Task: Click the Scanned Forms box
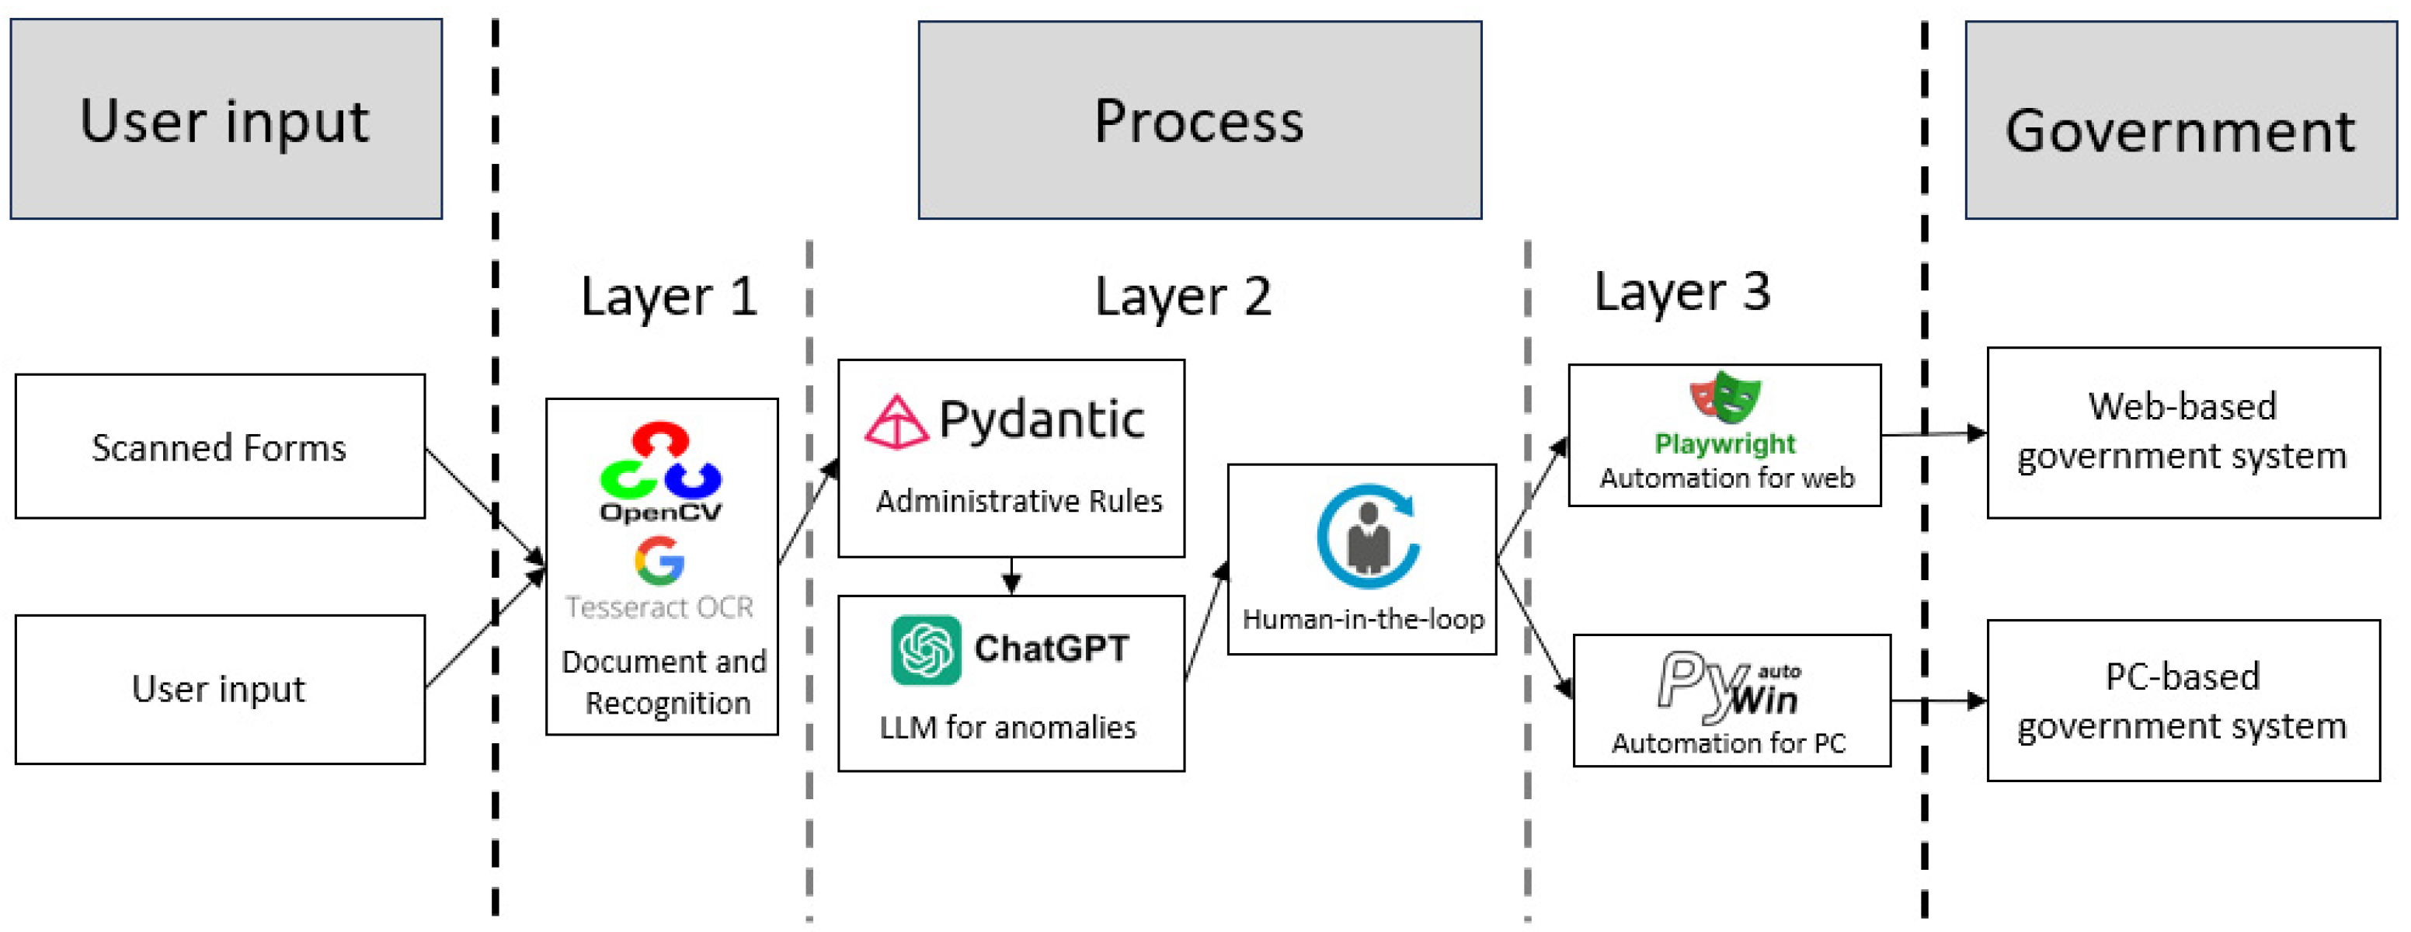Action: (220, 447)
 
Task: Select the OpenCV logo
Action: (661, 471)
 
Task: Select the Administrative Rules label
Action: (1018, 502)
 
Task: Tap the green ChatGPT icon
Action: (926, 649)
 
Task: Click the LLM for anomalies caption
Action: (1007, 727)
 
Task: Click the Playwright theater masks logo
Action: (1725, 397)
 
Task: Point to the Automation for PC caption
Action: (1727, 743)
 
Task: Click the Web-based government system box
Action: (2183, 433)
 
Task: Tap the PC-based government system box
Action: (2183, 700)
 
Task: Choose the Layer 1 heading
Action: (668, 297)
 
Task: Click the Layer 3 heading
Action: (1682, 292)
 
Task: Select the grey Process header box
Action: (1199, 120)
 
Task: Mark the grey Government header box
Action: (2180, 120)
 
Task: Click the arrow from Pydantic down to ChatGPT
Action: (1011, 576)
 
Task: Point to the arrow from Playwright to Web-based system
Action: (1933, 433)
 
